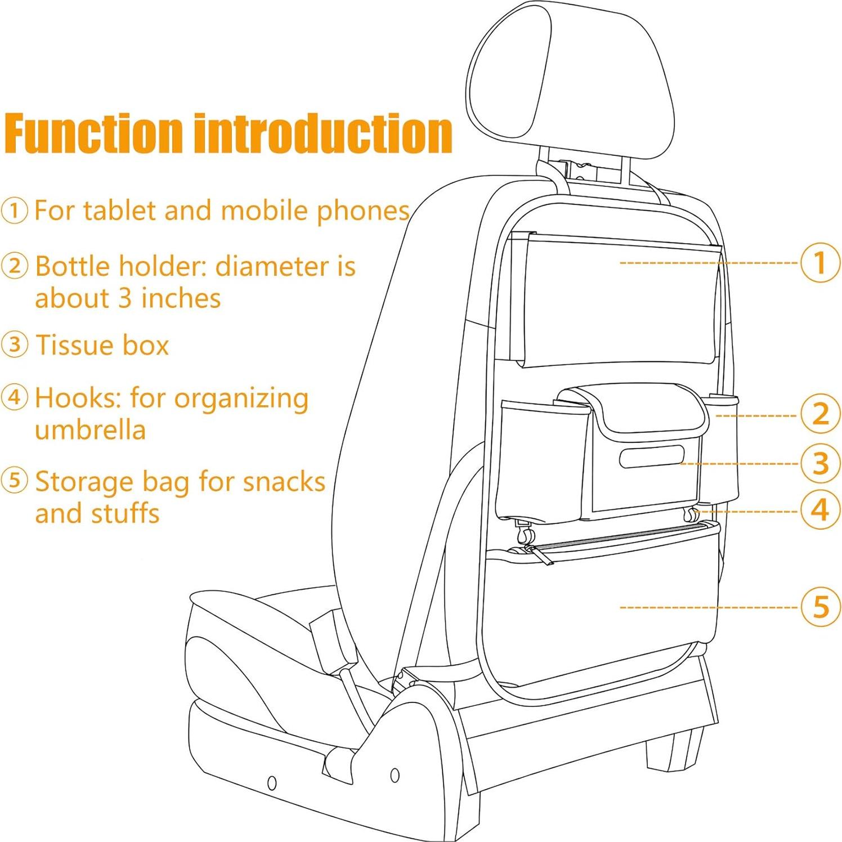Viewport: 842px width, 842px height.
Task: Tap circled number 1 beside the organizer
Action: pyautogui.click(x=819, y=262)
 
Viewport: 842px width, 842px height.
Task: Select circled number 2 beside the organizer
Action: pyautogui.click(x=819, y=414)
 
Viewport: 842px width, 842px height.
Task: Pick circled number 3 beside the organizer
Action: pyautogui.click(x=819, y=463)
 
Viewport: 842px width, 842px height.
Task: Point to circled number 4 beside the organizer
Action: pyautogui.click(x=819, y=510)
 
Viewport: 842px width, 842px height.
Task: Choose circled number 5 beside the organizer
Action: pyautogui.click(x=819, y=607)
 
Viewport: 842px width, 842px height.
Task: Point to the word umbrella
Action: pyautogui.click(x=90, y=430)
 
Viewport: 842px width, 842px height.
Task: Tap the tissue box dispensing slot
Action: pyautogui.click(x=652, y=456)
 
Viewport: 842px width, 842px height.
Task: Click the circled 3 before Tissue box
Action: pyautogui.click(x=15, y=344)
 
